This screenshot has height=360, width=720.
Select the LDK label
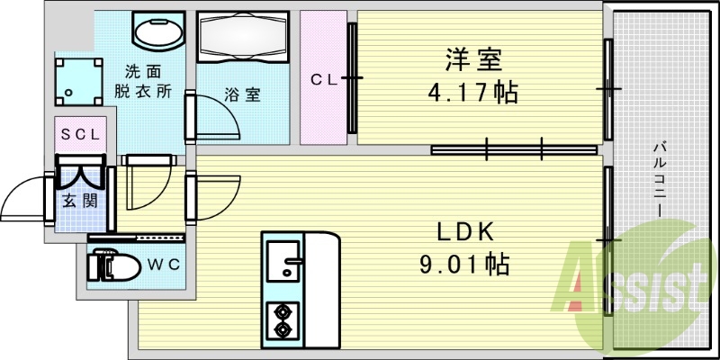(x=464, y=232)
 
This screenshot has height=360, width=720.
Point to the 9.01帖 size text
(x=464, y=264)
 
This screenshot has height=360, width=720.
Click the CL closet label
(x=323, y=79)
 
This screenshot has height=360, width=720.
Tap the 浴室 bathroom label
(x=242, y=93)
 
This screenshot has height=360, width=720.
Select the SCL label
(x=83, y=134)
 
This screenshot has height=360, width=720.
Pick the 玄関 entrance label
(x=79, y=200)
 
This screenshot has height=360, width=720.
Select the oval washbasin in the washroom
(x=158, y=33)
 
